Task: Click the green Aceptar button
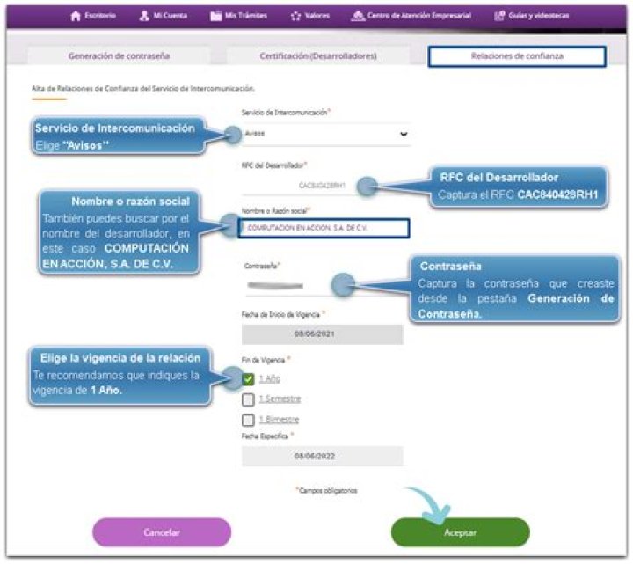tap(460, 532)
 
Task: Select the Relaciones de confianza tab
tap(517, 56)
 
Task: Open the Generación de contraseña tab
tap(120, 56)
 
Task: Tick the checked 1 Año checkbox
tap(248, 378)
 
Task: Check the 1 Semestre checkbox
tap(248, 399)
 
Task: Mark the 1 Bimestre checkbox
tap(248, 420)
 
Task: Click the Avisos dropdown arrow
tap(404, 135)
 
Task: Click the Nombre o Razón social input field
tap(323, 228)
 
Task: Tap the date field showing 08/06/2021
tap(322, 334)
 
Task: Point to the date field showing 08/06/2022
tap(322, 457)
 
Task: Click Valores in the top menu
tap(310, 15)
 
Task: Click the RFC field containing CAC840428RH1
tap(323, 186)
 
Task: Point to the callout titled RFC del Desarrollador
tap(523, 186)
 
